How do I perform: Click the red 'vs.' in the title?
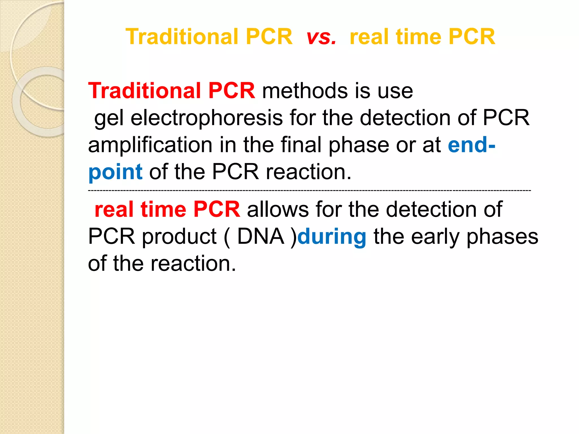(321, 37)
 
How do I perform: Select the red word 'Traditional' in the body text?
(144, 91)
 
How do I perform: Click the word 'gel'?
(109, 118)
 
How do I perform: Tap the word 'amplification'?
(150, 145)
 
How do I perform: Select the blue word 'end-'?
(472, 145)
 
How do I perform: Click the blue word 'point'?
(115, 172)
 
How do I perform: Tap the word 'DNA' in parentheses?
(260, 236)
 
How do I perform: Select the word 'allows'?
(278, 209)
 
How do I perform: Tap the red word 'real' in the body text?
(114, 209)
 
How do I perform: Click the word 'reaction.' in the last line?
(193, 264)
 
